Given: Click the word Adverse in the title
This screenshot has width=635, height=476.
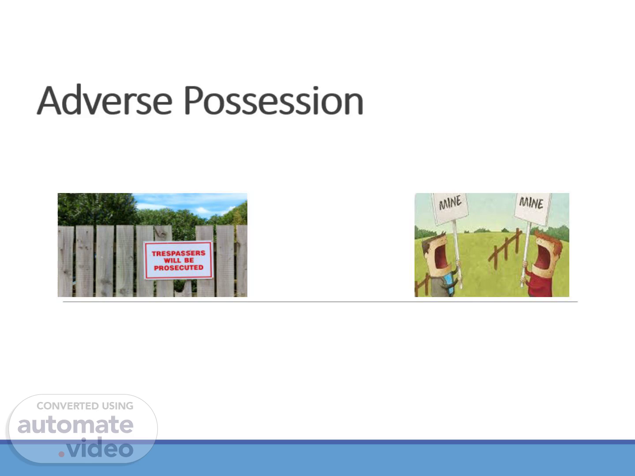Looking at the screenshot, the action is [x=105, y=100].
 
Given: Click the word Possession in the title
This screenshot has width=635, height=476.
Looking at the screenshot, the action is [x=274, y=100].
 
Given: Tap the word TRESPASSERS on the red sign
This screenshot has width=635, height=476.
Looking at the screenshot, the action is [x=179, y=253].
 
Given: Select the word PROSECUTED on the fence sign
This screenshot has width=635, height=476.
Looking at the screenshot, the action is [x=179, y=268].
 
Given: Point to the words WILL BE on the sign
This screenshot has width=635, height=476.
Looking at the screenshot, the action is [x=179, y=260].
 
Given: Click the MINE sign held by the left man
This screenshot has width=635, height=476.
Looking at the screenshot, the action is [x=450, y=208].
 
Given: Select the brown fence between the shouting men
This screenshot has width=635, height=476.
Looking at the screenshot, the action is [x=505, y=249].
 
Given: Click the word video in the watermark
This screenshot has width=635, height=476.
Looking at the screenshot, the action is [x=100, y=448].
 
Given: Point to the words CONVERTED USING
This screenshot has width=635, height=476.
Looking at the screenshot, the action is [x=85, y=406].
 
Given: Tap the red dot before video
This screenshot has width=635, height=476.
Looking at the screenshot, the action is [x=61, y=454].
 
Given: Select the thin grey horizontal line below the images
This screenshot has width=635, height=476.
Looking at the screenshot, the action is [x=320, y=302].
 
